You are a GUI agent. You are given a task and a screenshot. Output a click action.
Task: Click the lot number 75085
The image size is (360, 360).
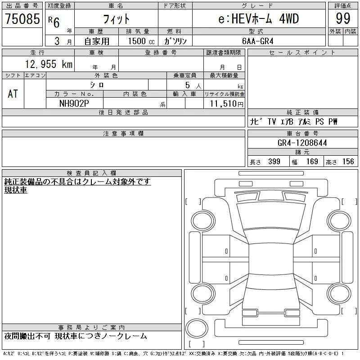click(x=22, y=18)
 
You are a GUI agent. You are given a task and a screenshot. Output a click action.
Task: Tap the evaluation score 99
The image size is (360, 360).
click(x=343, y=18)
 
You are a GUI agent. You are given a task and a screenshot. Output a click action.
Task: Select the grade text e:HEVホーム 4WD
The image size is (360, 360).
click(x=258, y=18)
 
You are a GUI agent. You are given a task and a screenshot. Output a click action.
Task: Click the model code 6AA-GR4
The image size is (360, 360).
click(x=257, y=41)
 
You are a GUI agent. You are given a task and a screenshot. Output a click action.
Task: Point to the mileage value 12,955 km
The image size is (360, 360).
click(x=49, y=64)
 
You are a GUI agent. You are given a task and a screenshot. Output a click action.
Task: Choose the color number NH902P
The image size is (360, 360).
click(x=74, y=103)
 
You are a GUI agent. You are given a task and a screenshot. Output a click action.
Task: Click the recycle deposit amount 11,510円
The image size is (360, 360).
click(x=227, y=104)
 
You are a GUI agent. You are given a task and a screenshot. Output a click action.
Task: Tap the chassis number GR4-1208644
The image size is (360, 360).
click(x=302, y=143)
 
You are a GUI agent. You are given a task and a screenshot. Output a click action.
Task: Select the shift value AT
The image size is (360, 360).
click(x=13, y=94)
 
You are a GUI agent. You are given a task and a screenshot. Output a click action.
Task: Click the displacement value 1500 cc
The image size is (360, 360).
click(x=141, y=41)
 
